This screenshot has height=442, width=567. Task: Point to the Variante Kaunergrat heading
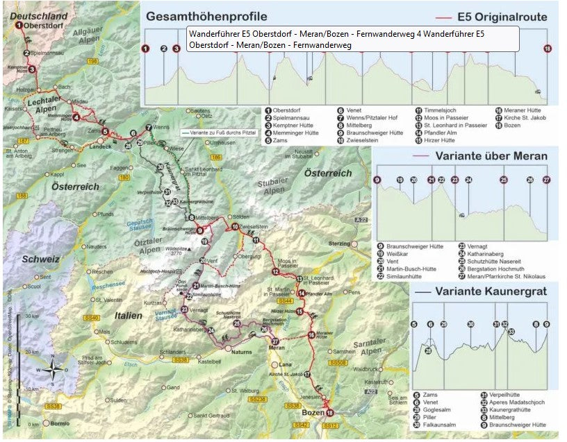click(487, 292)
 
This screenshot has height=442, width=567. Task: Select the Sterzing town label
click(339, 244)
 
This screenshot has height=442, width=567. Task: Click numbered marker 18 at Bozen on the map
click(330, 413)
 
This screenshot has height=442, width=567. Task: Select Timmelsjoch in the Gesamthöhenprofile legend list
click(442, 110)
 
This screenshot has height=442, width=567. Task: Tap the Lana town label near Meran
click(283, 364)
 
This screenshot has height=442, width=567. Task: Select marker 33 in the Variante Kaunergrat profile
click(511, 332)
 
